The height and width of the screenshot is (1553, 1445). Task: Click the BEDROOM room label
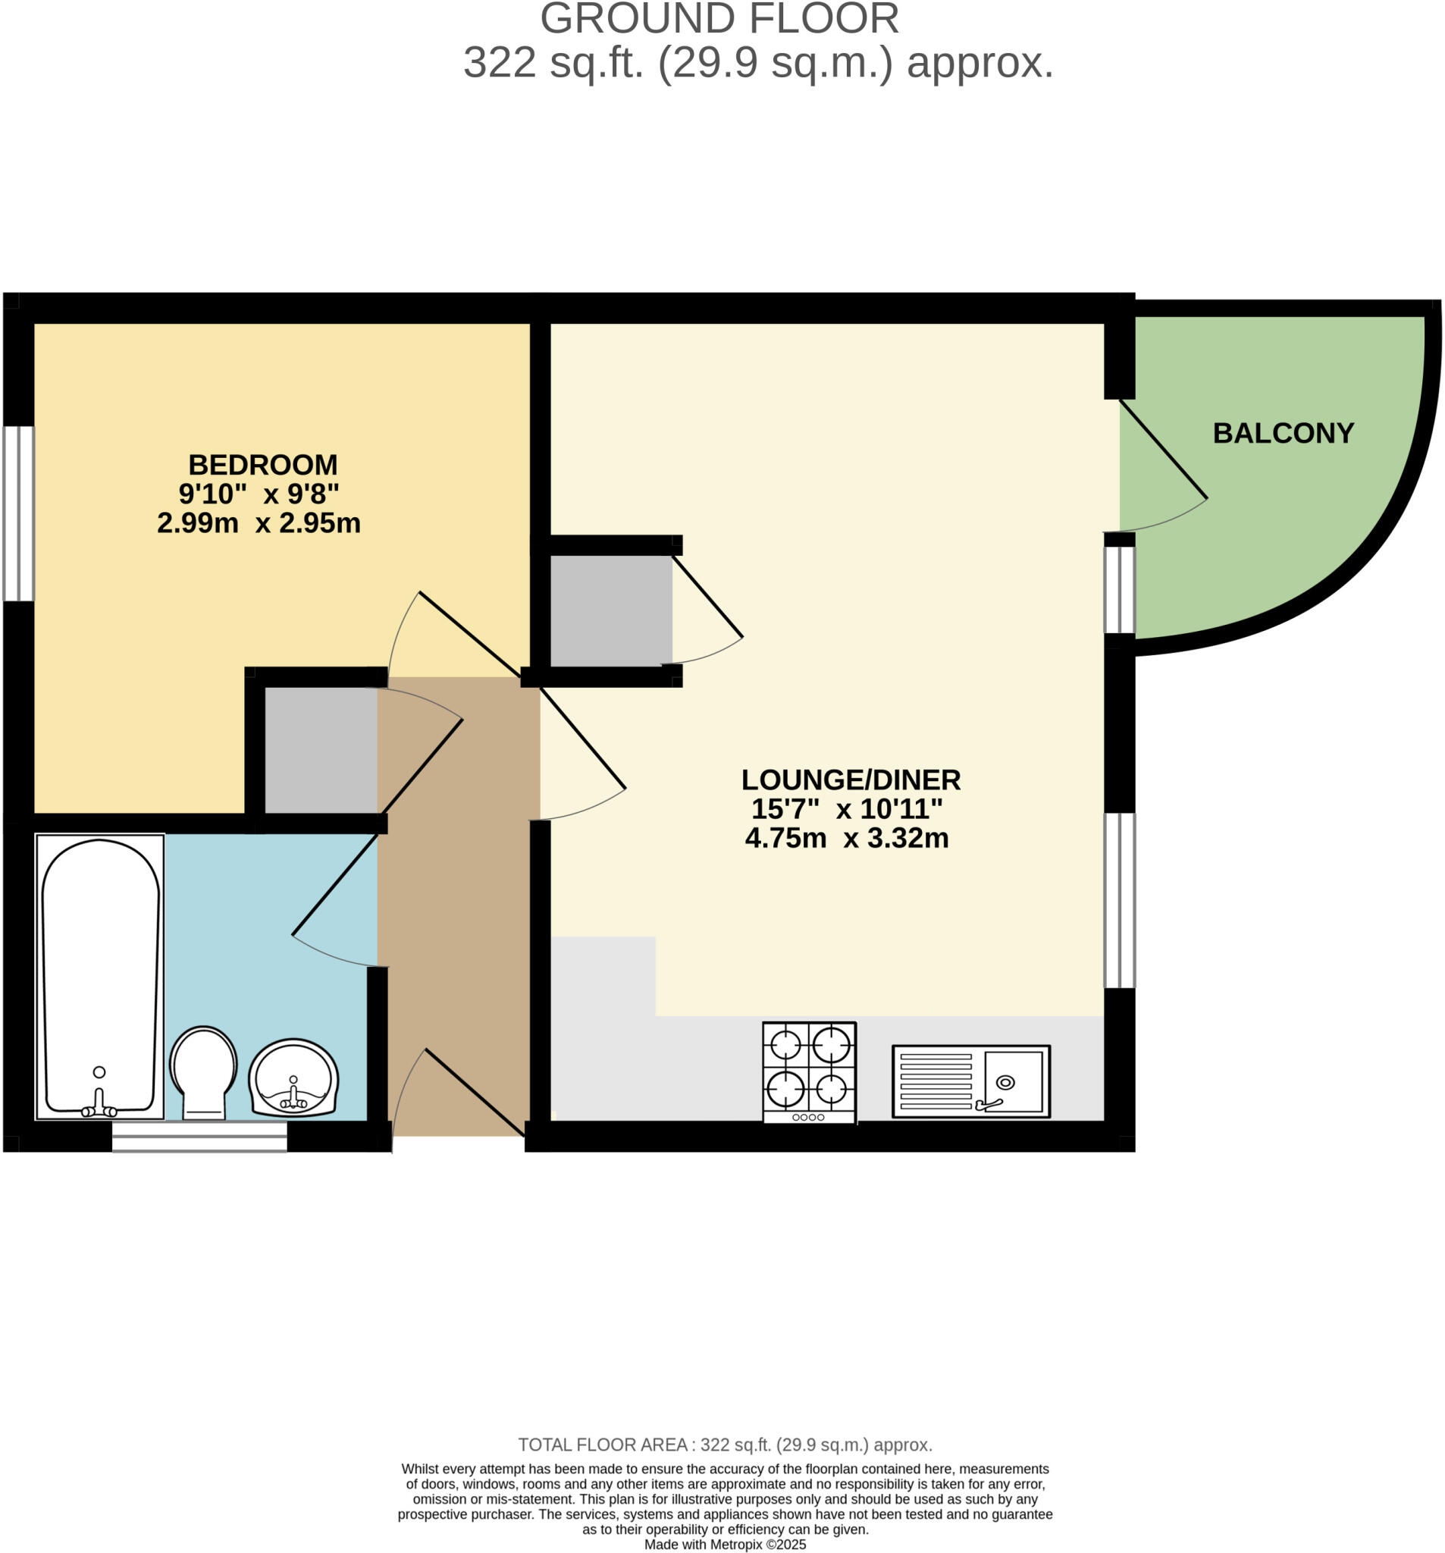[x=262, y=465]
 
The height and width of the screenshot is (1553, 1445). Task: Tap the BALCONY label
[x=1283, y=433]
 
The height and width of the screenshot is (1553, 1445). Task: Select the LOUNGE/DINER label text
[x=850, y=780]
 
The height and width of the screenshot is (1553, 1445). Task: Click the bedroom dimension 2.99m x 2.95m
[x=259, y=522]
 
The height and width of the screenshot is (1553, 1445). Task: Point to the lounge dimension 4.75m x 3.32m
[x=846, y=838]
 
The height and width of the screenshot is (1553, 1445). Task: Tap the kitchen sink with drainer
[x=970, y=1081]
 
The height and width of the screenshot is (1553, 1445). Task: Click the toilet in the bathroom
[x=203, y=1071]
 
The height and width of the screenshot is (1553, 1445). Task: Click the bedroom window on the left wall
[x=19, y=513]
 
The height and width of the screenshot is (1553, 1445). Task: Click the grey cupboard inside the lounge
[x=610, y=610]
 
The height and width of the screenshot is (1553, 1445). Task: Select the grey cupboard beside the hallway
[x=321, y=750]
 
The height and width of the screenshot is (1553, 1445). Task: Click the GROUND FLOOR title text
[x=719, y=19]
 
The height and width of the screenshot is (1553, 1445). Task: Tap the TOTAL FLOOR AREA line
[x=724, y=1445]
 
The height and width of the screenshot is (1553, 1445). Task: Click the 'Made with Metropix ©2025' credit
[x=724, y=1545]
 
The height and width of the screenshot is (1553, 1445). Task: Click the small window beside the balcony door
[x=1118, y=590]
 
